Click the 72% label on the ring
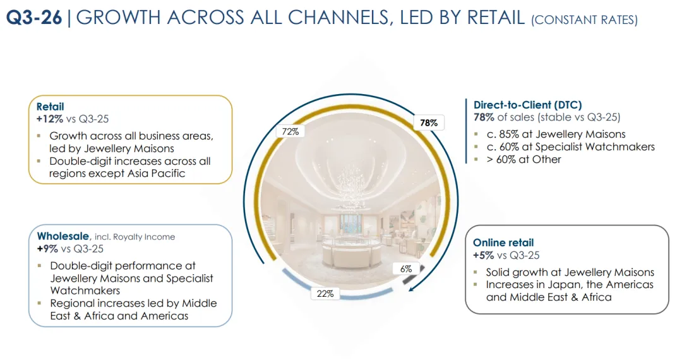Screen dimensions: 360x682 pyautogui.click(x=290, y=131)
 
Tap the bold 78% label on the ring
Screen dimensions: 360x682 pyautogui.click(x=429, y=123)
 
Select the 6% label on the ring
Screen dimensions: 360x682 pyautogui.click(x=406, y=268)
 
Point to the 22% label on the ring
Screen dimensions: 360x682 pyautogui.click(x=326, y=294)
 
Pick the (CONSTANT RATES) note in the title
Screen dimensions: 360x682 pyautogui.click(x=584, y=20)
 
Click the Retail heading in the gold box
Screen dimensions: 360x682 pyautogui.click(x=50, y=107)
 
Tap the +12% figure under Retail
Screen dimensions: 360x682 pyautogui.click(x=50, y=118)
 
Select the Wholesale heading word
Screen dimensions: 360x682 pyautogui.click(x=63, y=236)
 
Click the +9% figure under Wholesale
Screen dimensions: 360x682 pyautogui.click(x=49, y=248)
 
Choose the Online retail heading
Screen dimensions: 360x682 pyautogui.click(x=503, y=243)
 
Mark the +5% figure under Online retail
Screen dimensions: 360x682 pyautogui.click(x=484, y=255)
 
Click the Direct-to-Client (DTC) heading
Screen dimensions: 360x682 pyautogui.click(x=528, y=105)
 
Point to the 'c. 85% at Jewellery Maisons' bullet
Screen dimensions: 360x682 pyautogui.click(x=556, y=134)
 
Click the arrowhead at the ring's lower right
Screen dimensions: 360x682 pyautogui.click(x=411, y=290)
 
